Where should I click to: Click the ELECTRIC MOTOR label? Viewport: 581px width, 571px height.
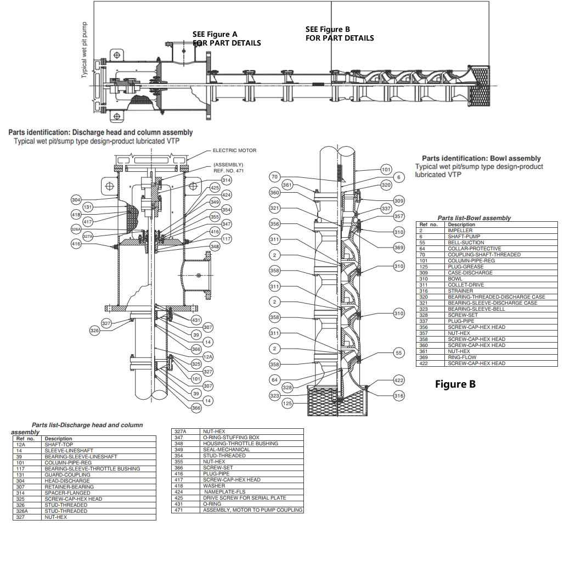[x=234, y=150]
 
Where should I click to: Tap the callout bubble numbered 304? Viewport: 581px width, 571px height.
[x=76, y=200]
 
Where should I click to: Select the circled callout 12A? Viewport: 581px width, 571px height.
[x=208, y=356]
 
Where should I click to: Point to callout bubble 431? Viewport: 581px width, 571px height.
[x=196, y=320]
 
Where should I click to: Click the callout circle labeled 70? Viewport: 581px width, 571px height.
[x=275, y=177]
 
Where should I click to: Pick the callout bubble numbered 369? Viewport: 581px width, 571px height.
[x=399, y=248]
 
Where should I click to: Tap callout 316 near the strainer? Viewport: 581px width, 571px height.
[x=399, y=396]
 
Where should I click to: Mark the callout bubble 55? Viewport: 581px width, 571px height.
[x=399, y=353]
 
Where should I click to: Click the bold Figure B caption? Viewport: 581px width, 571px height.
[x=455, y=384]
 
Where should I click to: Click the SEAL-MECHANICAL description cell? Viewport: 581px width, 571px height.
[x=226, y=450]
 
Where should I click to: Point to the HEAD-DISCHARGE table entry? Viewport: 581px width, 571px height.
[x=67, y=481]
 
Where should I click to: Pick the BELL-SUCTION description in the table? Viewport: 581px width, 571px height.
[x=466, y=243]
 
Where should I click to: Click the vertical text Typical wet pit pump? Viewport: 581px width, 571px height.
[x=84, y=50]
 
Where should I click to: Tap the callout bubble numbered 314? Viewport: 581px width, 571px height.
[x=227, y=180]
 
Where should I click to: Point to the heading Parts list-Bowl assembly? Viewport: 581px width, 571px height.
[x=473, y=218]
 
